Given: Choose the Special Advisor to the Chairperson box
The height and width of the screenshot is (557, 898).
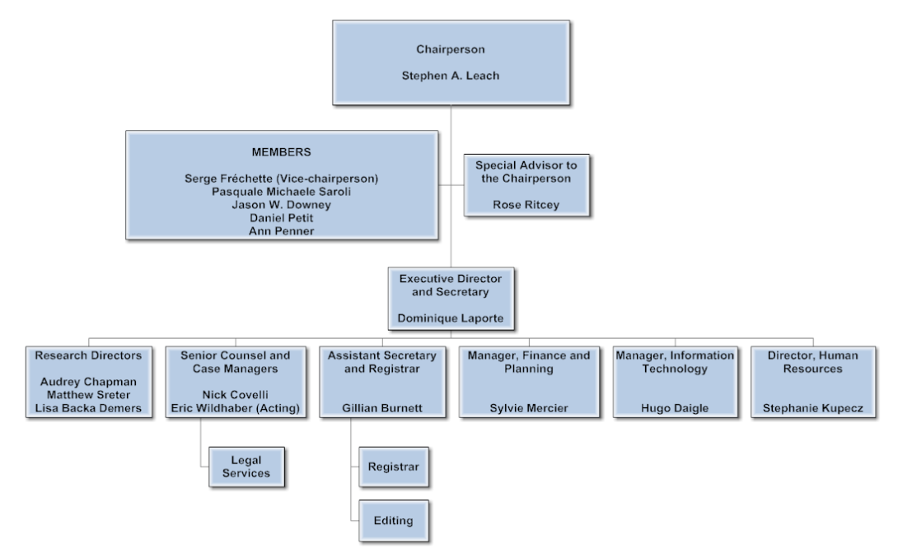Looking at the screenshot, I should [x=526, y=185].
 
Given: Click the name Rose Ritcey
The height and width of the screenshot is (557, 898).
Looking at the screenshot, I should [x=526, y=205].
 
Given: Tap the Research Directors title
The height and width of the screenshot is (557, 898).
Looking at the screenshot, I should [x=89, y=356].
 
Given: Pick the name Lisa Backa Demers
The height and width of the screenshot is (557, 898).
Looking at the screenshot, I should [x=89, y=409].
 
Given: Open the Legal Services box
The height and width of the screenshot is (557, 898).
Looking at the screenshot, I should [x=246, y=466].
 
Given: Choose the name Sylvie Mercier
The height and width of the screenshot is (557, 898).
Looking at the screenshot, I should [x=518, y=409].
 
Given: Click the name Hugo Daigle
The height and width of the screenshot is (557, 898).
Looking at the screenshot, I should [x=675, y=409].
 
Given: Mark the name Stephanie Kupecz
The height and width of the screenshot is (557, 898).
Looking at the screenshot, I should [x=812, y=409].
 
